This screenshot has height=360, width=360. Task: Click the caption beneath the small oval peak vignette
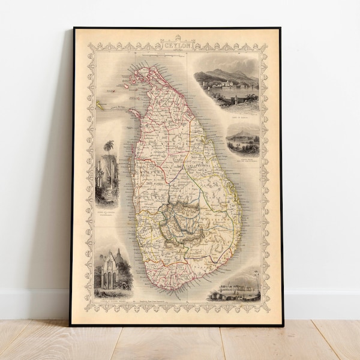point(243,160)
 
